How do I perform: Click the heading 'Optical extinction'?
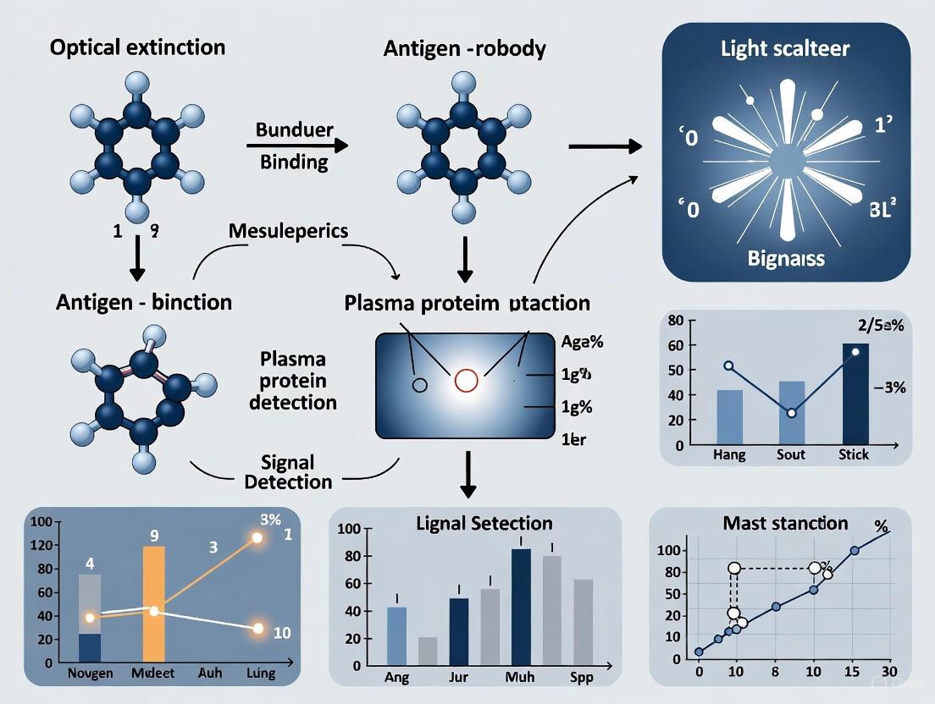pyautogui.click(x=137, y=47)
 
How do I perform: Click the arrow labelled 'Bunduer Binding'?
pyautogui.click(x=296, y=146)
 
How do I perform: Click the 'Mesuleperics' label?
pyautogui.click(x=288, y=230)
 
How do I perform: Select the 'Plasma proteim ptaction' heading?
pyautogui.click(x=467, y=302)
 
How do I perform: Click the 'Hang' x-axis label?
pyautogui.click(x=729, y=454)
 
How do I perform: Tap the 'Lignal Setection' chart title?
pyautogui.click(x=472, y=523)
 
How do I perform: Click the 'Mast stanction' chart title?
pyautogui.click(x=785, y=523)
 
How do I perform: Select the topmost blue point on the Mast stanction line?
pyautogui.click(x=855, y=551)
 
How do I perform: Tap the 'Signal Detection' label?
pyautogui.click(x=288, y=472)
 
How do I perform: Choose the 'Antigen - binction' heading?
pyautogui.click(x=143, y=301)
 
